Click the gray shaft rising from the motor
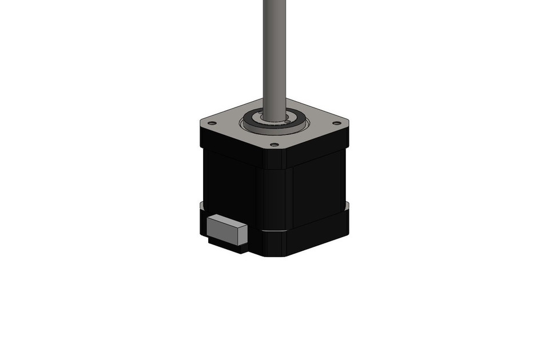pos(274,51)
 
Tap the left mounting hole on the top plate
pos(212,123)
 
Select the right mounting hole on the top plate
pos(337,123)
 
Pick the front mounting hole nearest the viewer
pos(274,145)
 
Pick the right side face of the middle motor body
pos(318,189)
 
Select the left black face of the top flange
pos(229,143)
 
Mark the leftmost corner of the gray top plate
pos(201,122)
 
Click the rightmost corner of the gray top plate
pos(348,122)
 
